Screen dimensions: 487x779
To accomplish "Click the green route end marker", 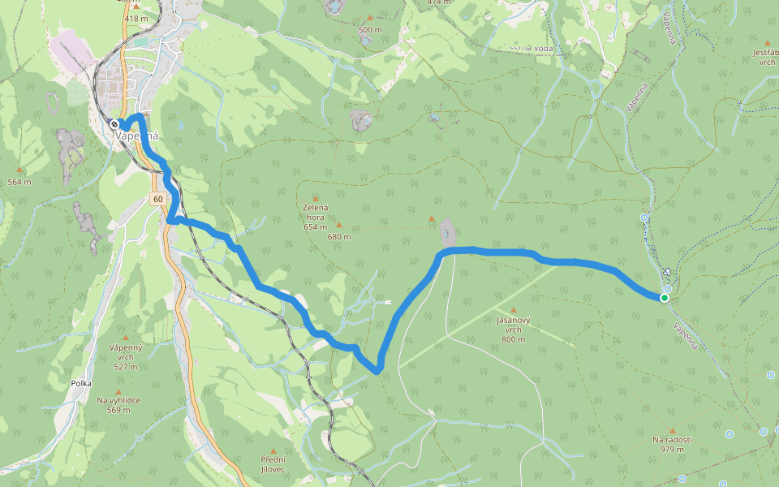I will coord(664,298).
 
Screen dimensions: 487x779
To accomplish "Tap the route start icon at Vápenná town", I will coord(114,123).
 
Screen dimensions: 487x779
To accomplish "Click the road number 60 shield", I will coord(157,199).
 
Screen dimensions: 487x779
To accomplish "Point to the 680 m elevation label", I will coord(338,237).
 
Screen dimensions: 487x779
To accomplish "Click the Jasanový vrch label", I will coord(513,325).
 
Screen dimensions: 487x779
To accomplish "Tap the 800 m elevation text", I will coord(513,339).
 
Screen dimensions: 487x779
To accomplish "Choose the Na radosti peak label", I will coord(671,440).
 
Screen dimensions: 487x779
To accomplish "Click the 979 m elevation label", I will coord(671,450).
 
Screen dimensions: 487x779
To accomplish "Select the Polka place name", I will coord(81,382).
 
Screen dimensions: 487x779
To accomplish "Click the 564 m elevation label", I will coord(19,182).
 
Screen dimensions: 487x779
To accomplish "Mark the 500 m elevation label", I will coord(370,30).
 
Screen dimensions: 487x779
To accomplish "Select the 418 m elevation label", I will coord(136,18).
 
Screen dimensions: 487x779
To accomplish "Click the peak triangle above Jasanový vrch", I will coord(513,310).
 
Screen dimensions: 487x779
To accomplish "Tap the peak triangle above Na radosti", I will coord(672,429).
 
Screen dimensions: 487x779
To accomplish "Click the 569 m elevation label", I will coord(118,410).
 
